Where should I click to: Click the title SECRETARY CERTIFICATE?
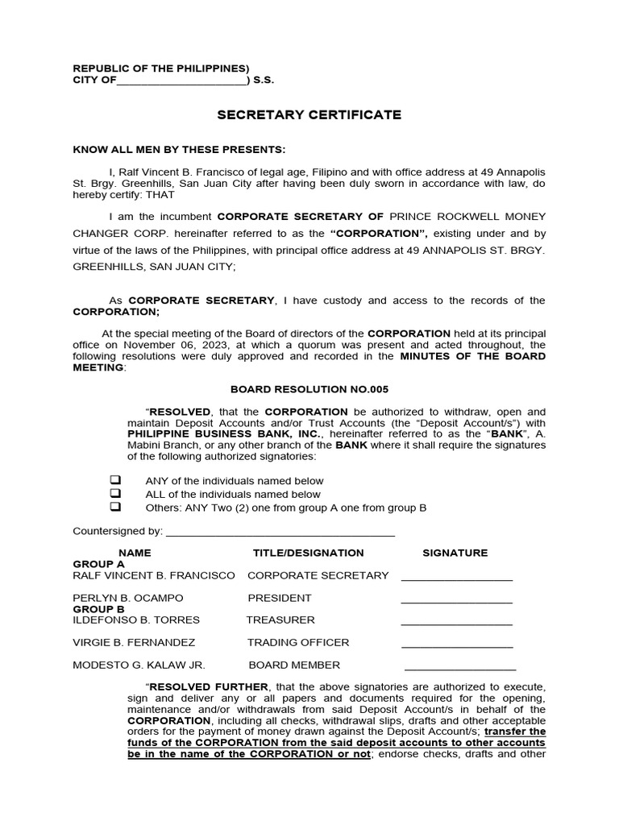tap(309, 115)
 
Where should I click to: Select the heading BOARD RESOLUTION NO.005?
tap(309, 389)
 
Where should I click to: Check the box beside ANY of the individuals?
tap(115, 480)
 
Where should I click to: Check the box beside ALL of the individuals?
tap(115, 493)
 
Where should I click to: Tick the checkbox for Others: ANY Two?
tap(115, 507)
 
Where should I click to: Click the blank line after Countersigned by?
tap(280, 533)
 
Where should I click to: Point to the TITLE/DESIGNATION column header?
tap(308, 553)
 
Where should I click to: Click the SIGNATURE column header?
tap(455, 553)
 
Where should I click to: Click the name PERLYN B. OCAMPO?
tap(128, 598)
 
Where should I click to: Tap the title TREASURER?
tap(280, 620)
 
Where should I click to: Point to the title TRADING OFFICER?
tap(298, 642)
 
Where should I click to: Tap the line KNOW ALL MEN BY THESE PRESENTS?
tap(179, 150)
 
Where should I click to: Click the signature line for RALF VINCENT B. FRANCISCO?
tap(456, 578)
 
